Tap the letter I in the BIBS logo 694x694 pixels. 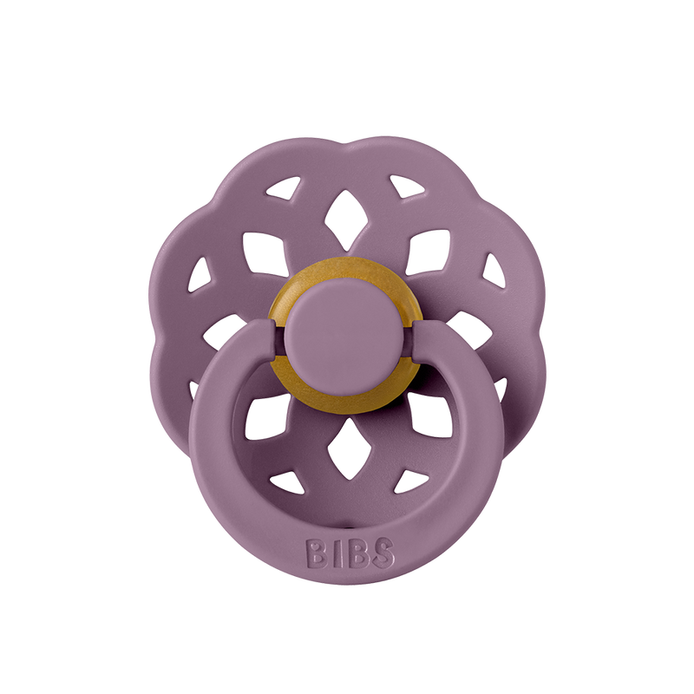(334, 553)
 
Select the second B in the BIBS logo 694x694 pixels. (356, 553)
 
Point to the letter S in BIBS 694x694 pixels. (382, 553)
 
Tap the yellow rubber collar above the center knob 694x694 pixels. (347, 282)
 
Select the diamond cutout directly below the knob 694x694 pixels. (346, 443)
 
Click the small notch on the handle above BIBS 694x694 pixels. (347, 519)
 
